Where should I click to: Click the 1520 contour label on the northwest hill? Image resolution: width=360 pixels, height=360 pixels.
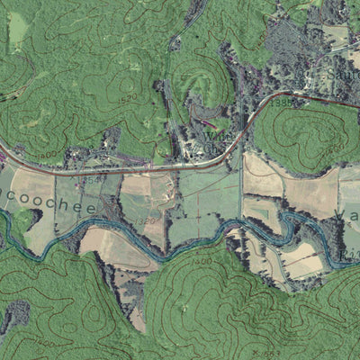(128, 96)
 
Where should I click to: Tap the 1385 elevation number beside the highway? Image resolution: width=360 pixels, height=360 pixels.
(281, 103)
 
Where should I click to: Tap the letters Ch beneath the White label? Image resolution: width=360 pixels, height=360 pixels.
(209, 149)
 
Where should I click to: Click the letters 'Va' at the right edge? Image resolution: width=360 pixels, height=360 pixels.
(353, 216)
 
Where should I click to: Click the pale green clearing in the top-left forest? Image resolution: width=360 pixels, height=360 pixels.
(18, 31)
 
